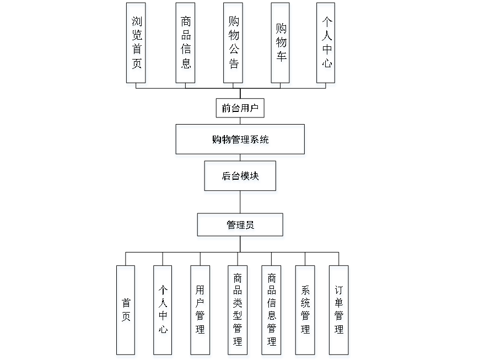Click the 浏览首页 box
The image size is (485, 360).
137,45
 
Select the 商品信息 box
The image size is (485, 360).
186,45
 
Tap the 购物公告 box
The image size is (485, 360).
234,45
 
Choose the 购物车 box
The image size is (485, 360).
281,45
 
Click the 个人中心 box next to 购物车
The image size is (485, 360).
327,45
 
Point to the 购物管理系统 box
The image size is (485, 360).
241,141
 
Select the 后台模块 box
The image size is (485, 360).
241,178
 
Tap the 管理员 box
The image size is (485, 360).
241,227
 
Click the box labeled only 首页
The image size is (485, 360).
126,311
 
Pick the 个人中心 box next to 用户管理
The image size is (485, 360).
163,311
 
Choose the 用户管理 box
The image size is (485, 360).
201,311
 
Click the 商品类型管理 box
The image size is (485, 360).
238,311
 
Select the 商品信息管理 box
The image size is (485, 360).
272,311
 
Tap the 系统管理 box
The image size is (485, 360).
306,311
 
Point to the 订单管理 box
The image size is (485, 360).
339,311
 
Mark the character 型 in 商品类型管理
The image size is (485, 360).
238,316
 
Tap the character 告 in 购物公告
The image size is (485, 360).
234,65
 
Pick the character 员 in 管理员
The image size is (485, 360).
251,227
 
